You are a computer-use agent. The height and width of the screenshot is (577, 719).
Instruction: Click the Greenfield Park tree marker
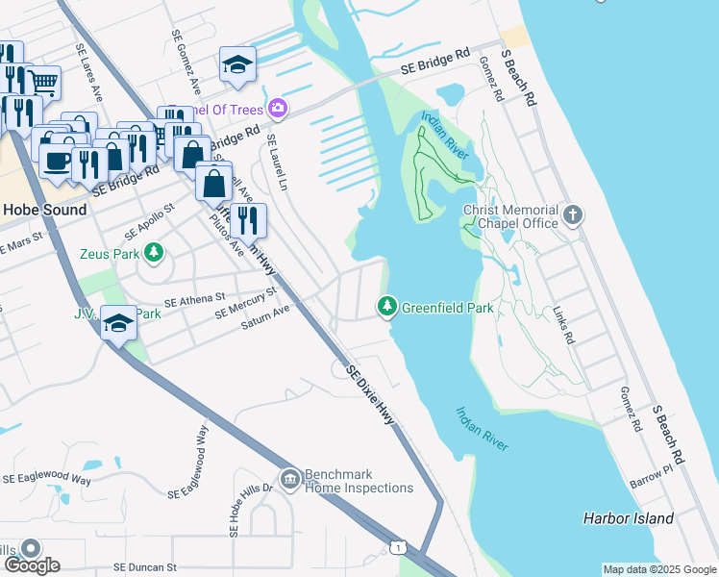pos(387,307)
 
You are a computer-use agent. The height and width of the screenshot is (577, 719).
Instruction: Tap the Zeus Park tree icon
pos(153,254)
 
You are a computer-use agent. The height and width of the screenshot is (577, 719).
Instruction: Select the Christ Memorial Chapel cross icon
pos(573,215)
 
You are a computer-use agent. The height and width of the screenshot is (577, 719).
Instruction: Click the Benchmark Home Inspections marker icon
pos(289,478)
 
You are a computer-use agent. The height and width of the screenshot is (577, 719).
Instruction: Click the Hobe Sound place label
pos(44,210)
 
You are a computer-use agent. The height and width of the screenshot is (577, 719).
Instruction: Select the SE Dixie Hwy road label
pos(371,395)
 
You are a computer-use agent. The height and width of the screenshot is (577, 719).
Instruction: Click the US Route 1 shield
pos(397,547)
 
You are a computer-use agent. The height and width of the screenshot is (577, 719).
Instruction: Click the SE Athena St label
pos(194,301)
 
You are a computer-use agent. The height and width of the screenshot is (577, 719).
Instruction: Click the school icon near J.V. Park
pos(118,323)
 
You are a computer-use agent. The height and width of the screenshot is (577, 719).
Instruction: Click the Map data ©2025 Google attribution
pos(659,569)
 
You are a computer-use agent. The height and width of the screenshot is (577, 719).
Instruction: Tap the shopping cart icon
pos(42,81)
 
